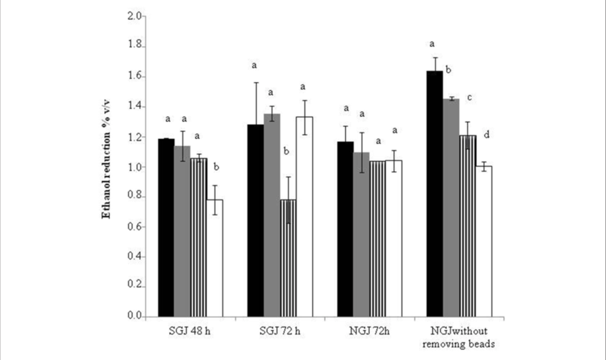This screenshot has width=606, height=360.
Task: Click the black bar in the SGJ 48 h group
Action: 166,227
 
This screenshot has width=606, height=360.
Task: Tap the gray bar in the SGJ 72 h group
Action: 272,215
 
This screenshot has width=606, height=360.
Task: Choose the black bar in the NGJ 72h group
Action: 345,228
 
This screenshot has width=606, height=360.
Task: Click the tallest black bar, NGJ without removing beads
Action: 434,193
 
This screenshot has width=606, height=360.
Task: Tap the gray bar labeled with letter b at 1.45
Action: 451,207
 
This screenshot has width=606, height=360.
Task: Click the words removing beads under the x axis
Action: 460,344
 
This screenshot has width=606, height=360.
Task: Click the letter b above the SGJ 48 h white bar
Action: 216,168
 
